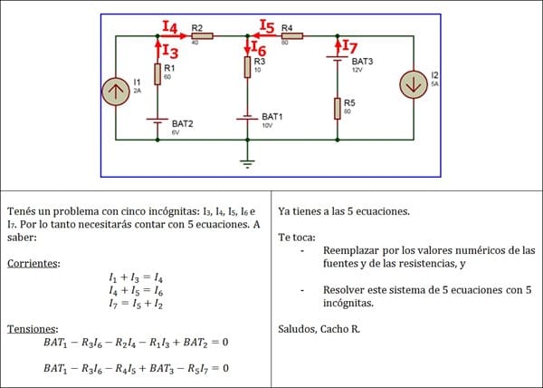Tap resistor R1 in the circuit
[157, 74]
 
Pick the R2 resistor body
[201, 36]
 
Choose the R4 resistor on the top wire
[291, 36]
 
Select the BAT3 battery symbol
[337, 61]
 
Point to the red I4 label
[170, 26]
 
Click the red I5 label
[267, 26]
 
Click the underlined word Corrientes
[33, 264]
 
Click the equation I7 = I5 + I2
[137, 306]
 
